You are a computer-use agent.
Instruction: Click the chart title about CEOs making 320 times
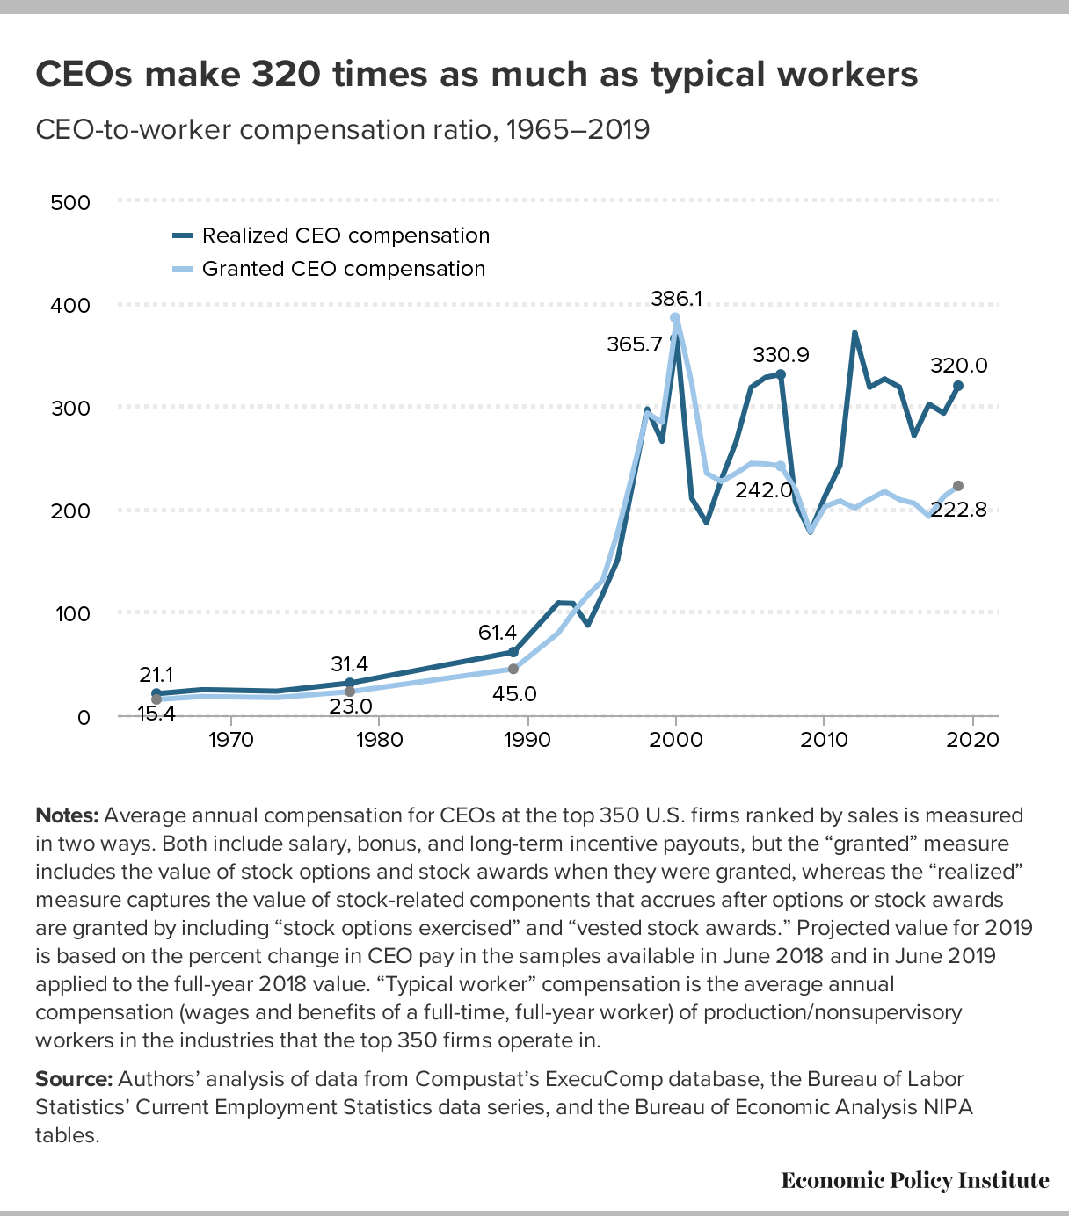click(476, 75)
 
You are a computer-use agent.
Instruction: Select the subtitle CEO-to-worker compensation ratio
click(343, 130)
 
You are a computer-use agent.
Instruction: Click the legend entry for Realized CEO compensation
click(345, 235)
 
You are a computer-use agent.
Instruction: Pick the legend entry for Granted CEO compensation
click(343, 269)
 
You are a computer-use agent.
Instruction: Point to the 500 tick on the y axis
click(71, 203)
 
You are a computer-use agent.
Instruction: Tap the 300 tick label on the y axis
click(71, 409)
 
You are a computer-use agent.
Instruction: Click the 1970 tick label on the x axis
click(230, 740)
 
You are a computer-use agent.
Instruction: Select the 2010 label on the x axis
click(824, 740)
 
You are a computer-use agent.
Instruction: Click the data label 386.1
click(676, 299)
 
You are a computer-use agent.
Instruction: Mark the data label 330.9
click(781, 355)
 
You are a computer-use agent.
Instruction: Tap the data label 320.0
click(959, 366)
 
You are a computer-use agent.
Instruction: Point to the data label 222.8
click(958, 510)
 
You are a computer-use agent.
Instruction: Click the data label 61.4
click(498, 633)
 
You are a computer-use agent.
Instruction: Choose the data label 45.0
click(514, 694)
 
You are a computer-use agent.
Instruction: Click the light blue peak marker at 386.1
click(675, 318)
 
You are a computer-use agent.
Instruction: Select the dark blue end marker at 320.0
click(958, 386)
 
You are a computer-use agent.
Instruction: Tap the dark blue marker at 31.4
click(350, 683)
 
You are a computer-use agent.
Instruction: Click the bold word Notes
click(67, 815)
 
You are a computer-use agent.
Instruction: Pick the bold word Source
click(74, 1079)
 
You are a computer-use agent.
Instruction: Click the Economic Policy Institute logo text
click(914, 1180)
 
